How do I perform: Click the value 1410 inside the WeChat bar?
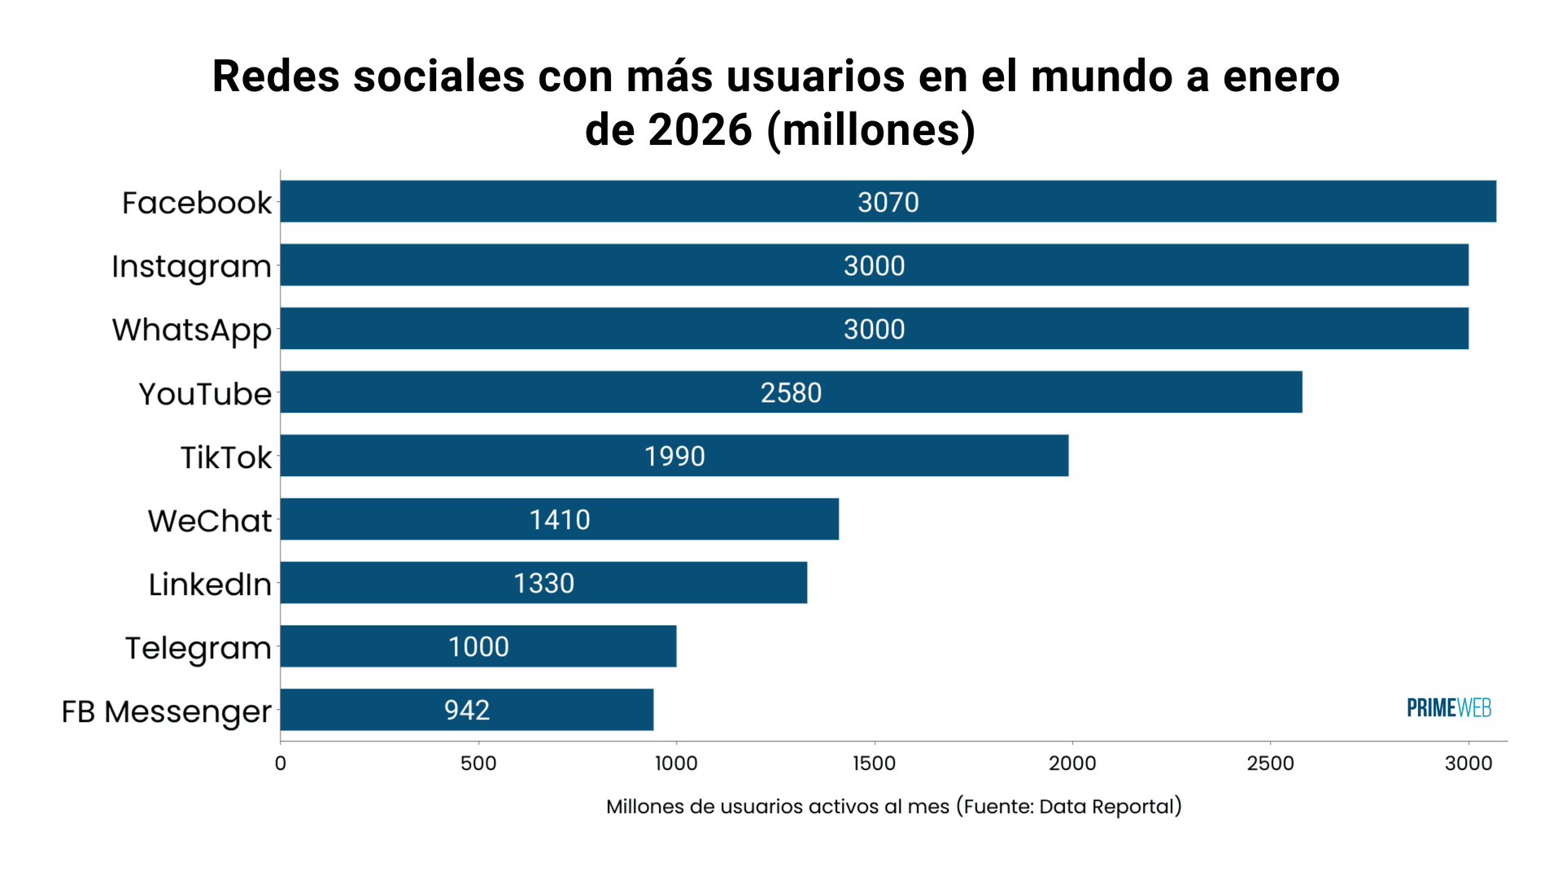(560, 519)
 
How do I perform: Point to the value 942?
(466, 710)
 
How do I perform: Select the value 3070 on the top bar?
(888, 202)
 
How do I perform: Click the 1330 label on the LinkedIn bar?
(543, 583)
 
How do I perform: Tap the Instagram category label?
(191, 267)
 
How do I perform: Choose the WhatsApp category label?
(191, 330)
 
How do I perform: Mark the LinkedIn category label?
(209, 584)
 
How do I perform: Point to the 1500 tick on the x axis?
(874, 763)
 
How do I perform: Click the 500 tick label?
(478, 763)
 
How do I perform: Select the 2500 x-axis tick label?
(1270, 763)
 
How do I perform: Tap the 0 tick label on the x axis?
(281, 763)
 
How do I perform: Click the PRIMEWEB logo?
(1448, 708)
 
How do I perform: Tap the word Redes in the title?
(276, 77)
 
